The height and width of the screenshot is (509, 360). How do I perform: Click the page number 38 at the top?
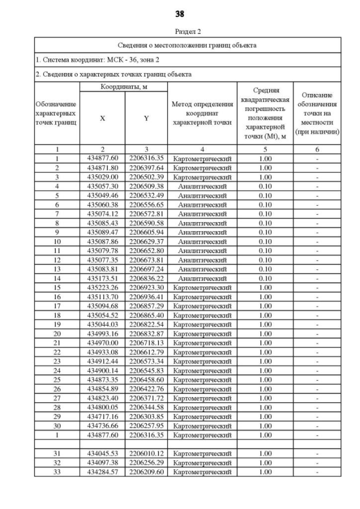pyautogui.click(x=180, y=13)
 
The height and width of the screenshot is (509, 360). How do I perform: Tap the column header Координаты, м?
pyautogui.click(x=123, y=87)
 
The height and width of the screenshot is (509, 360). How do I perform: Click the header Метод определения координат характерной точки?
pyautogui.click(x=202, y=113)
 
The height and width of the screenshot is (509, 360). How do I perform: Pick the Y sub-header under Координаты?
pyautogui.click(x=146, y=119)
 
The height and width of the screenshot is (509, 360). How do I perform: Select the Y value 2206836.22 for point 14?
pyautogui.click(x=146, y=278)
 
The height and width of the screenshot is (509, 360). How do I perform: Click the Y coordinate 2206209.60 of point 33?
pyautogui.click(x=146, y=471)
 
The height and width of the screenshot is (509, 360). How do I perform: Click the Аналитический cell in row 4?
pyautogui.click(x=202, y=186)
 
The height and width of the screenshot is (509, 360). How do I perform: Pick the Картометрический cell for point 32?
pyautogui.click(x=202, y=462)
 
